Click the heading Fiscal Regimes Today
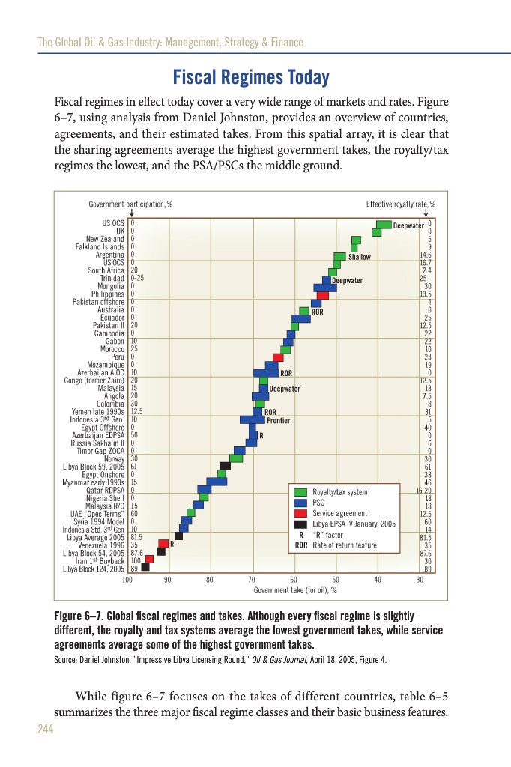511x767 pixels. click(251, 77)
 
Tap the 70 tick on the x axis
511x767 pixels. click(252, 580)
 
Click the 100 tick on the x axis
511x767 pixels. click(127, 580)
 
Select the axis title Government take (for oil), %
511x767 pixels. click(294, 590)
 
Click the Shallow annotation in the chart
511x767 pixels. click(360, 257)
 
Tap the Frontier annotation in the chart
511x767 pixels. click(278, 421)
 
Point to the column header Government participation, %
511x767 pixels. click(130, 204)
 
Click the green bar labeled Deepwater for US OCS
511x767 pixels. click(384, 225)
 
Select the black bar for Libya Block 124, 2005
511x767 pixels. click(145, 567)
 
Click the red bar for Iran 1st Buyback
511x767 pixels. click(149, 559)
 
